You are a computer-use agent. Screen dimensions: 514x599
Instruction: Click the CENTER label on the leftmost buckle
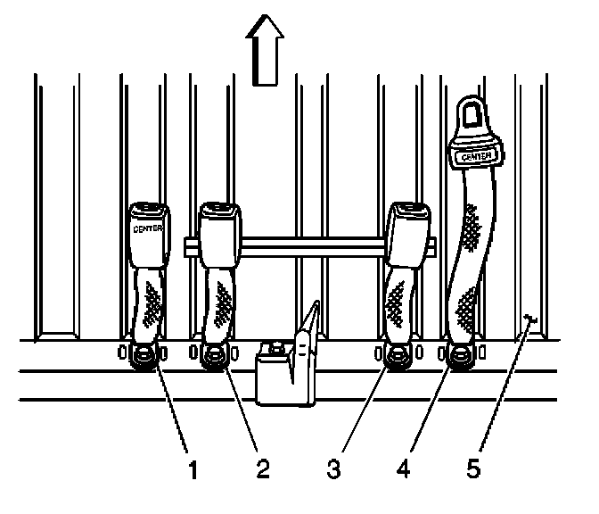tap(145, 228)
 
